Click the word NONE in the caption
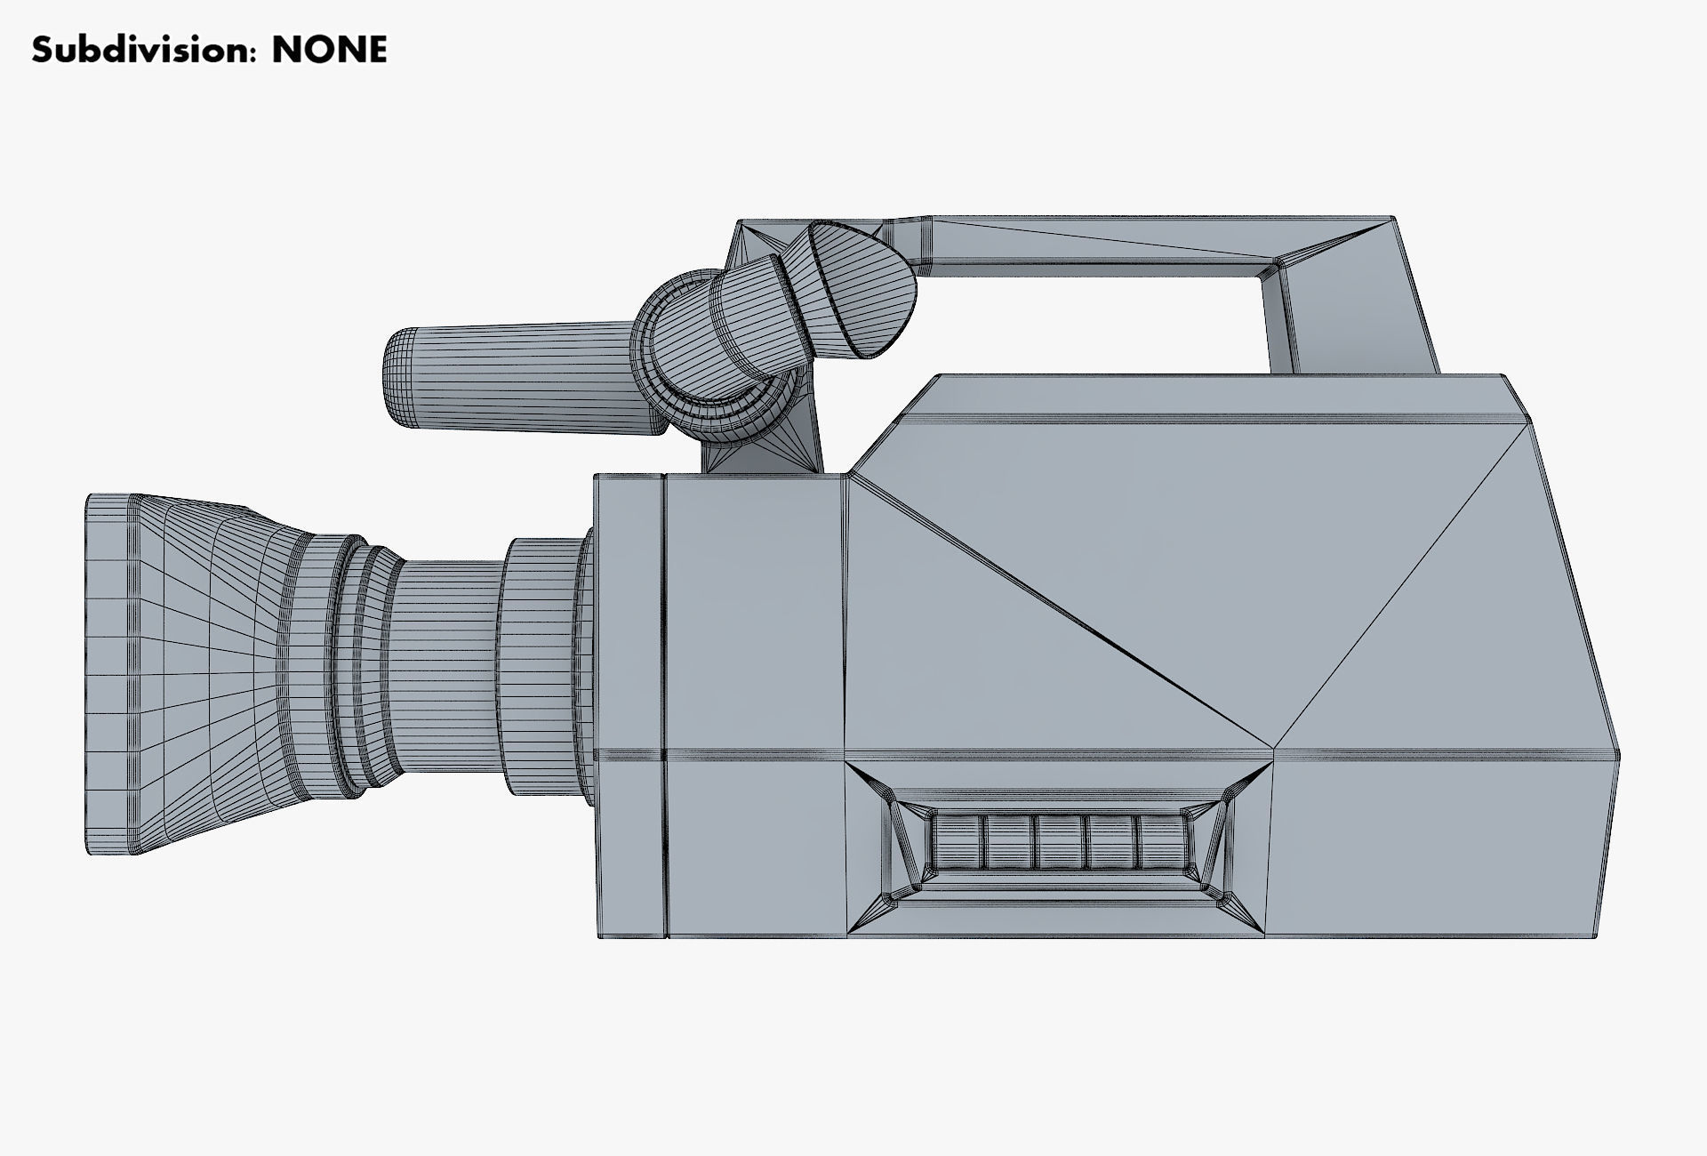[329, 51]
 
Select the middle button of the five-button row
[1058, 843]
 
